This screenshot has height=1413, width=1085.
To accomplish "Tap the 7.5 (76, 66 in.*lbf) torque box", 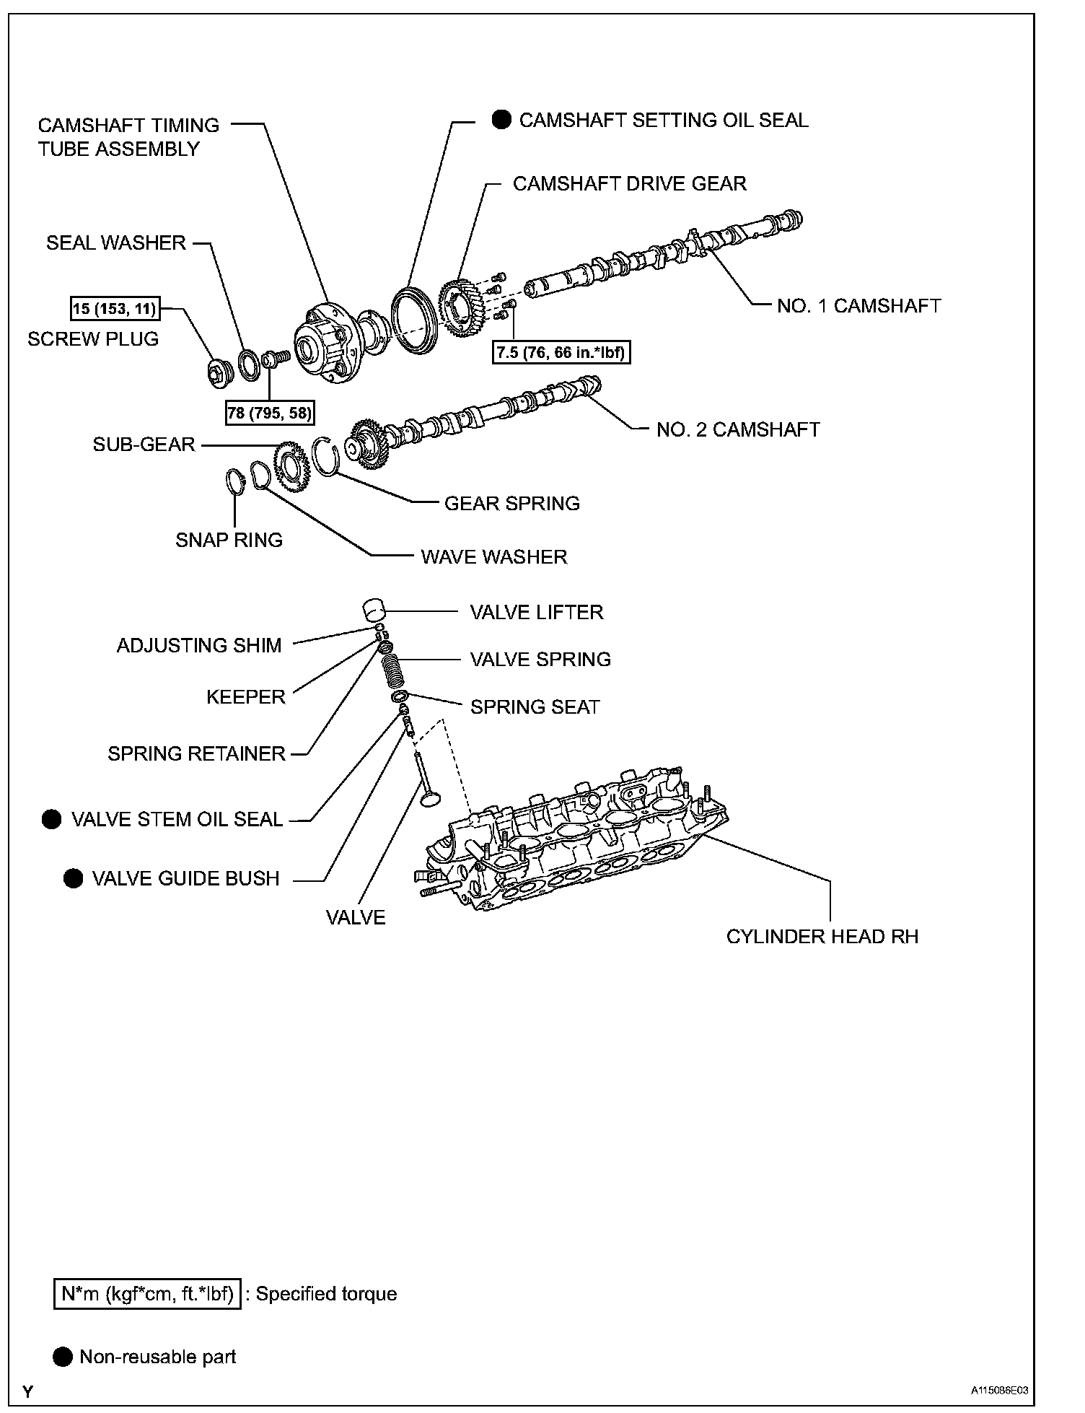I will (x=561, y=354).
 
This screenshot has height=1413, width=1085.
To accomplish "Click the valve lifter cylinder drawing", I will (x=374, y=610).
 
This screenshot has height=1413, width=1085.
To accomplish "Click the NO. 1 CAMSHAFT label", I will (x=858, y=306).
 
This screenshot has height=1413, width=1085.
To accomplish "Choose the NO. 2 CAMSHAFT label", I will (x=738, y=430).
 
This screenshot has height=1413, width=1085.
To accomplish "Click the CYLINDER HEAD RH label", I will (x=822, y=937).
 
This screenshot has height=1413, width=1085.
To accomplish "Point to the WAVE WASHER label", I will (x=494, y=557).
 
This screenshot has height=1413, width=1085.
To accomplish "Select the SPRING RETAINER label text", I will (x=197, y=754).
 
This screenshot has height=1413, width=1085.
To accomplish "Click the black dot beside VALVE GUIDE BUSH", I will (x=74, y=878).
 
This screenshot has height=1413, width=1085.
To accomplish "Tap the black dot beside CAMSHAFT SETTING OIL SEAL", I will (x=501, y=120).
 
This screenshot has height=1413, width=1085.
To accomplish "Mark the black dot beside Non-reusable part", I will (x=63, y=1357).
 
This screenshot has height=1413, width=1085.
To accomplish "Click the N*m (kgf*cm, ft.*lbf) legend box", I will (x=147, y=1294).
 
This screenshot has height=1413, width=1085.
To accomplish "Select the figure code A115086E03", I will (x=998, y=1391).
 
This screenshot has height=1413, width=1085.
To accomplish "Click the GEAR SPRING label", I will (x=512, y=504).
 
